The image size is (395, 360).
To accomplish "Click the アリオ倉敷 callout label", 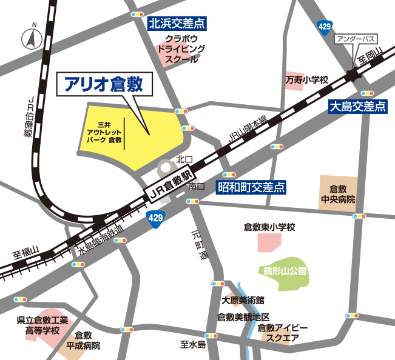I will pos(103,85).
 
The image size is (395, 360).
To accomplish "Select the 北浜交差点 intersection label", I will pos(177,24).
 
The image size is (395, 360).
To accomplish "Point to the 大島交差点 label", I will pos(357,107).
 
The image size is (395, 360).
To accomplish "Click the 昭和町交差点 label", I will pos(251,187).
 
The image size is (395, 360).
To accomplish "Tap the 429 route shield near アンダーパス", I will pos(325,26).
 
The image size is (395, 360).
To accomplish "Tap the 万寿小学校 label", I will pos(307,79).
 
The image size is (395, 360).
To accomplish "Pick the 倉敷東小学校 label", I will pos(269,227).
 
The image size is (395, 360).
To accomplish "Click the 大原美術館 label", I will pos(243,300).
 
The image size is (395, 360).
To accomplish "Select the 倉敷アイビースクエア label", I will pos(282,333).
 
